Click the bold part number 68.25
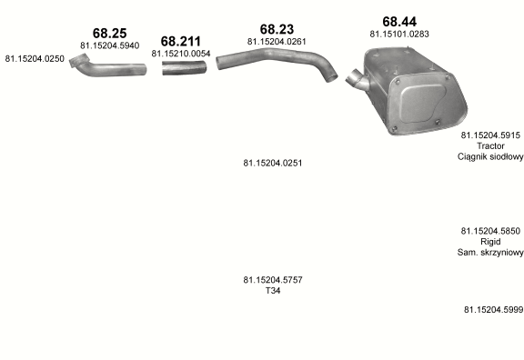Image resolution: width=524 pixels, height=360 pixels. tap(109, 33)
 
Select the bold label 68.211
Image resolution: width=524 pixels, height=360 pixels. tap(181, 42)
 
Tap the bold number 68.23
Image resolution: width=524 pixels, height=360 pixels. tap(277, 29)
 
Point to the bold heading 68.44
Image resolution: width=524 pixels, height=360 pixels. tap(399, 22)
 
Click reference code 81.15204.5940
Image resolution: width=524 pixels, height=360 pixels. tap(109, 45)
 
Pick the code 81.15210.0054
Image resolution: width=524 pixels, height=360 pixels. tap(181, 54)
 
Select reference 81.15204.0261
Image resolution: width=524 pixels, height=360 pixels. tap(277, 42)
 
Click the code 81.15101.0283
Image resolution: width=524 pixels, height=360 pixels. tap(399, 34)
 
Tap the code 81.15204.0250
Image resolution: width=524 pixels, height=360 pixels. tap(35, 59)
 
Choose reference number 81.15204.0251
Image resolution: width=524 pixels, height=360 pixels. tap(273, 163)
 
